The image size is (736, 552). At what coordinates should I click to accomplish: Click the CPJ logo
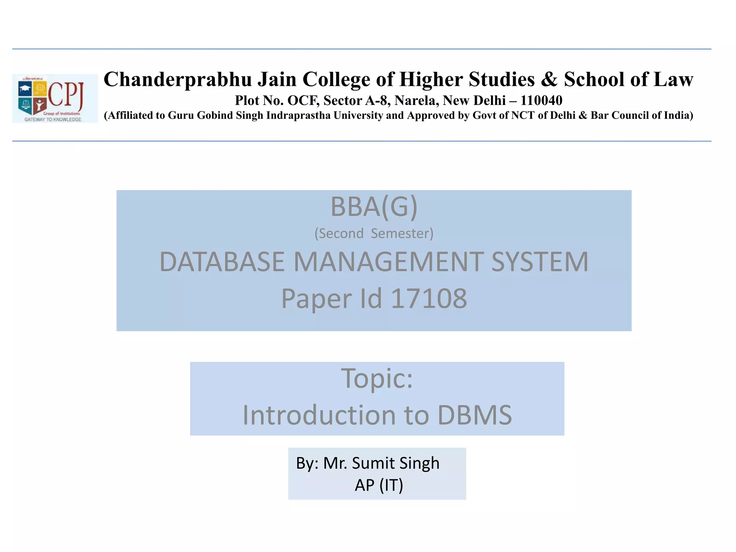[55, 98]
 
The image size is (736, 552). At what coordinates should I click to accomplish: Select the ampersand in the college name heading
[549, 80]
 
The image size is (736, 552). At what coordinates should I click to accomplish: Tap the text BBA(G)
[374, 207]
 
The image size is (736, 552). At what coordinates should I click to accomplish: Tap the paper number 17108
[428, 298]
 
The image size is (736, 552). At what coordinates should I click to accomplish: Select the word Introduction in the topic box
[319, 415]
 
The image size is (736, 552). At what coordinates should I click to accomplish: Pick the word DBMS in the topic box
[474, 415]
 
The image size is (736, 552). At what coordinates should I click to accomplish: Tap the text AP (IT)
[379, 485]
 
